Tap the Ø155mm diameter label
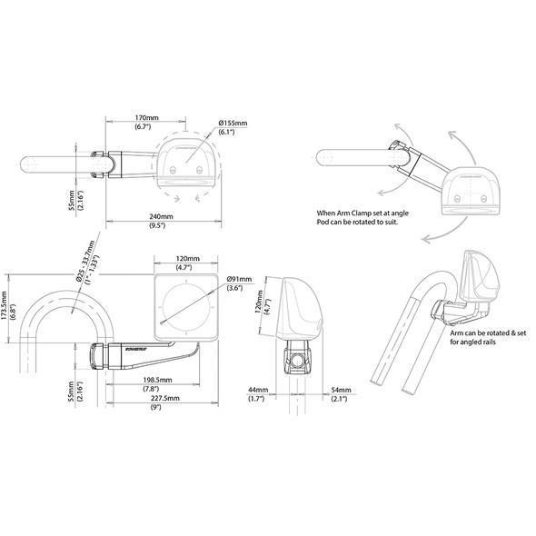233,122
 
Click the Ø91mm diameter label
238,279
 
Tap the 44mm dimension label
257,389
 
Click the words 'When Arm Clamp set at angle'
349,215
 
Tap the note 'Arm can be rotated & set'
489,334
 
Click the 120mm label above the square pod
187,259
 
